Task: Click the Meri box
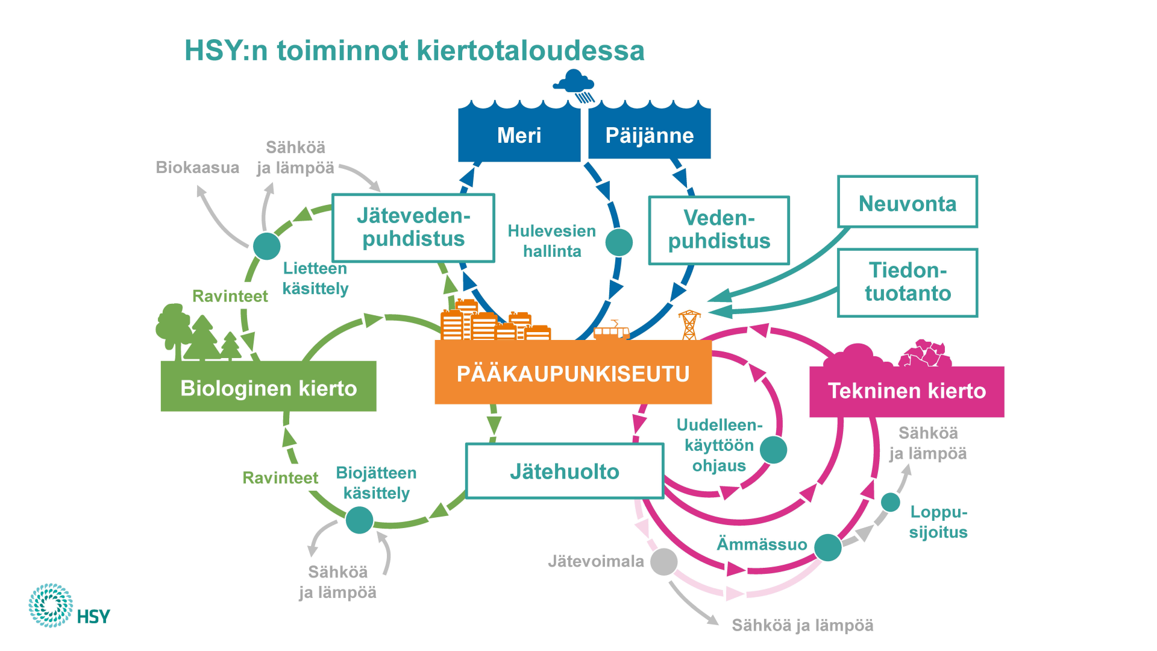(x=519, y=135)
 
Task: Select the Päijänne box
(x=649, y=135)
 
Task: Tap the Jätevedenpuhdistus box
(x=413, y=228)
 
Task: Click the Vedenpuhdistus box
(x=719, y=230)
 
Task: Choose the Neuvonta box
(x=907, y=203)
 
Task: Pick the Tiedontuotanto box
(x=907, y=282)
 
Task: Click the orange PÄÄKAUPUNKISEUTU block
(x=572, y=373)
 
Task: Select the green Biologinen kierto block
(x=268, y=387)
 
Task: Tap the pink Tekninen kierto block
(x=906, y=391)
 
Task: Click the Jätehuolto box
(x=565, y=471)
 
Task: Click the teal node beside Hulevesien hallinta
(x=619, y=242)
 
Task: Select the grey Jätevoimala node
(x=663, y=562)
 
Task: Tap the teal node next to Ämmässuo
(x=828, y=547)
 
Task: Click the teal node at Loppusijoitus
(x=891, y=502)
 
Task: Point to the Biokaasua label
(x=197, y=168)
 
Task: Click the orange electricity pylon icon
(x=689, y=324)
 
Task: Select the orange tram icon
(x=612, y=330)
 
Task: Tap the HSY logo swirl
(x=51, y=605)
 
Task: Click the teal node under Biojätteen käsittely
(x=359, y=520)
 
